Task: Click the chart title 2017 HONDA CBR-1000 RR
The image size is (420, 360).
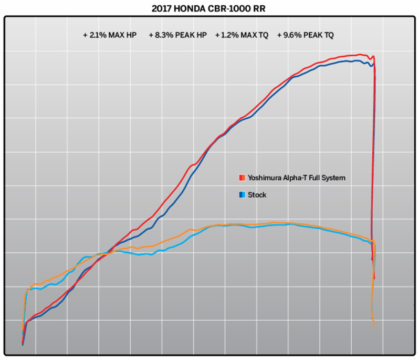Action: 210,8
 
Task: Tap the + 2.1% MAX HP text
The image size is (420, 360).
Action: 110,35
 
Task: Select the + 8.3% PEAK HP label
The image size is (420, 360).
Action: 177,35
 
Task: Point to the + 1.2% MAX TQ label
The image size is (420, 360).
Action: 242,35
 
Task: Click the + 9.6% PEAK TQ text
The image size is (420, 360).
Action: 305,35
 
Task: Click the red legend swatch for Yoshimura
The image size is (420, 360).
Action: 242,178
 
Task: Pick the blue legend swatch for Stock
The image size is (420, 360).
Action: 242,195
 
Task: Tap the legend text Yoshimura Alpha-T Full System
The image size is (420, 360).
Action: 297,178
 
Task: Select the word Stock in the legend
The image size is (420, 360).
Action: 257,195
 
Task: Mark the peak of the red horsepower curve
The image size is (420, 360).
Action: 360,54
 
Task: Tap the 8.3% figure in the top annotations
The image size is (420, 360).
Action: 164,35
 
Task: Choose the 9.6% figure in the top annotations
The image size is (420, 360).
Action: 292,35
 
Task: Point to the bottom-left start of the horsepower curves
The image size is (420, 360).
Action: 23,344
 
